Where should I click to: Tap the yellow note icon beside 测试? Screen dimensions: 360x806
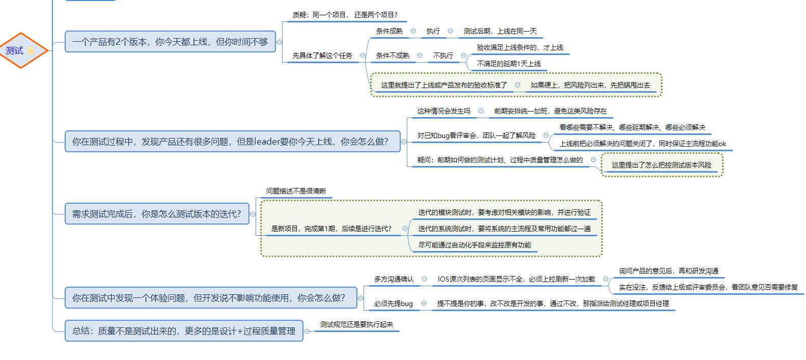32,50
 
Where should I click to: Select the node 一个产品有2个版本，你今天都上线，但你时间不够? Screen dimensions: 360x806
170,42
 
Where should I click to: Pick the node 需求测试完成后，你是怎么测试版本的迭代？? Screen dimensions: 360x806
156,214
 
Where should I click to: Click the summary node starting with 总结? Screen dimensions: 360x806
184,331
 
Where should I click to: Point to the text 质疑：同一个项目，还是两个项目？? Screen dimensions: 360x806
345,15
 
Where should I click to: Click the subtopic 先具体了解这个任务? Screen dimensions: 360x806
322,56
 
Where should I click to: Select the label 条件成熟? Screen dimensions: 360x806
389,31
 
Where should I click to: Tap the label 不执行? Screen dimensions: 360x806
443,56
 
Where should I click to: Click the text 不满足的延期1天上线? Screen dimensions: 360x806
509,64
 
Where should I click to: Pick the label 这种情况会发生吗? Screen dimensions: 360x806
443,111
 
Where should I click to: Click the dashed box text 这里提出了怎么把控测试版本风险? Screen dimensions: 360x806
661,165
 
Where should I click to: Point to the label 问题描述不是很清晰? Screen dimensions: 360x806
296,191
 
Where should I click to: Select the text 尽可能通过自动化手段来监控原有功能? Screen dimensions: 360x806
475,245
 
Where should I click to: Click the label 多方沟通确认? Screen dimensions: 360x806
394,279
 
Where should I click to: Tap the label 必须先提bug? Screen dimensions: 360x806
393,303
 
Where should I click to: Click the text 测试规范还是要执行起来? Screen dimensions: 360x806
356,324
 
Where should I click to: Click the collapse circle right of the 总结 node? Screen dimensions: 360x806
307,331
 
